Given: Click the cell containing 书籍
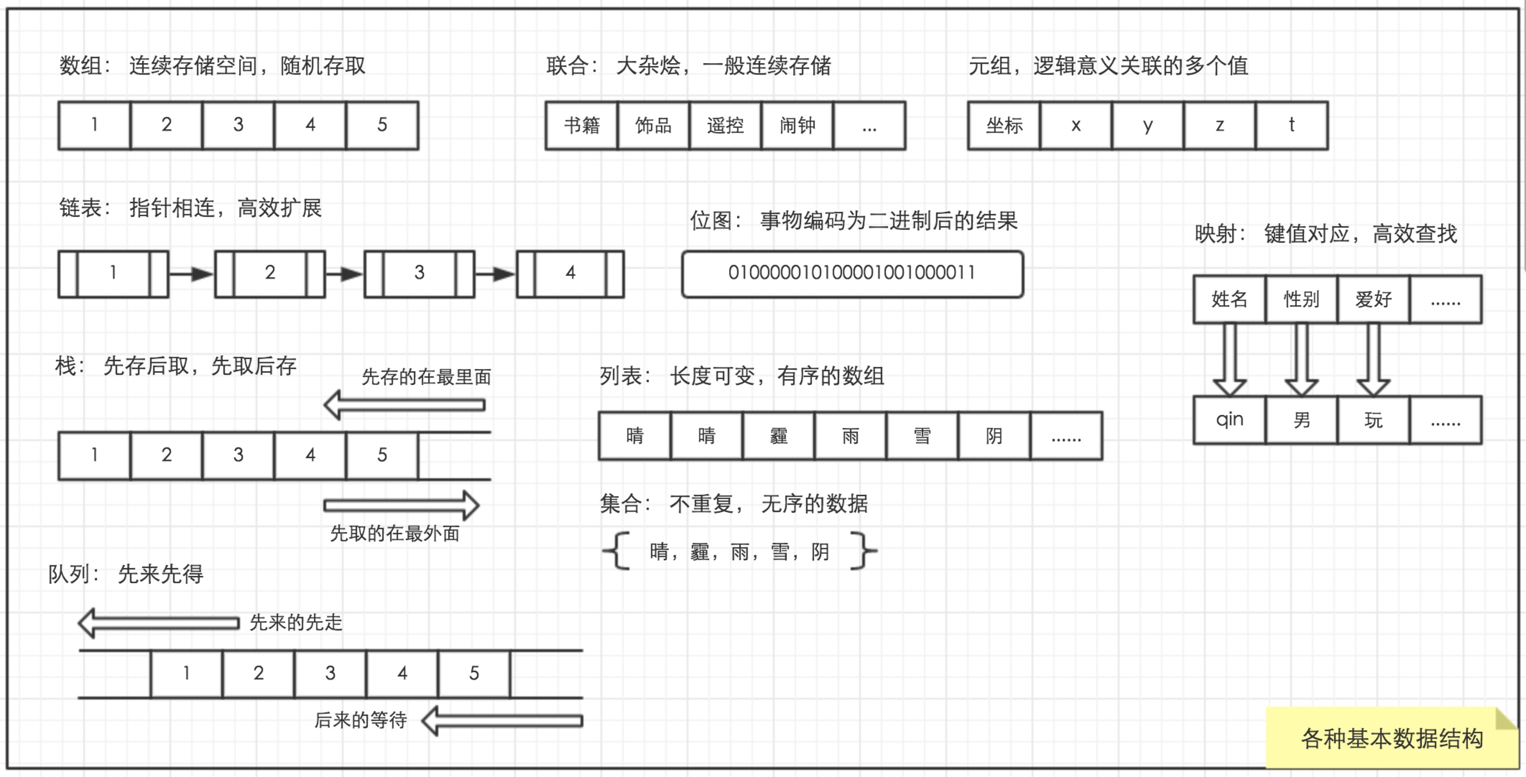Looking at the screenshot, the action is click(x=581, y=126).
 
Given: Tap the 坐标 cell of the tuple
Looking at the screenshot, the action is click(x=1004, y=126).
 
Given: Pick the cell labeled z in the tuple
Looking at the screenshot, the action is click(x=1220, y=126).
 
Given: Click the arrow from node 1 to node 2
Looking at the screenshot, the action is click(x=191, y=274).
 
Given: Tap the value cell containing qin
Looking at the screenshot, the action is click(x=1229, y=420).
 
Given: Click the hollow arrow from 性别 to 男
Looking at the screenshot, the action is click(x=1301, y=359).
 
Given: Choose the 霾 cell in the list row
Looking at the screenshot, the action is click(x=778, y=436).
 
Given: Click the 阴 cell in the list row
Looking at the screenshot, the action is click(x=994, y=436).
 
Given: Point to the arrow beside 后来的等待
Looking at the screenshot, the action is click(x=502, y=720).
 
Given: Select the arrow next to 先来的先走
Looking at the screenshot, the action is click(x=159, y=623).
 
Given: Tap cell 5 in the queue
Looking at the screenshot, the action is click(x=474, y=673).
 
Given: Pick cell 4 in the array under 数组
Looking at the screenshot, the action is click(x=310, y=125).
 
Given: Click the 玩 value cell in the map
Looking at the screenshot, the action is click(x=1373, y=420).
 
